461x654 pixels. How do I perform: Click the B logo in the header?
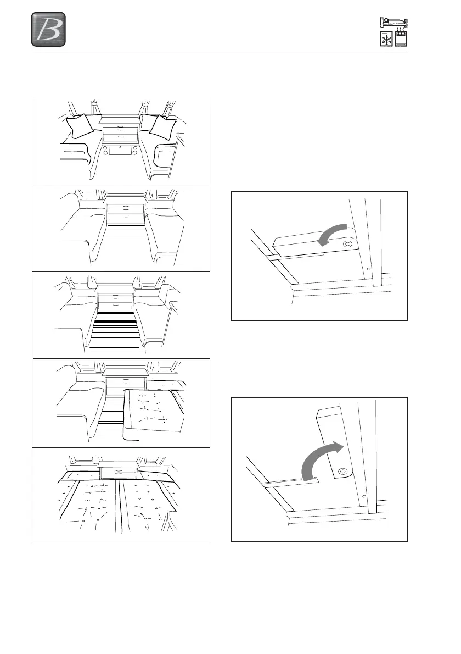[48, 30]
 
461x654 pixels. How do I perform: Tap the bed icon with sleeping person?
[393, 23]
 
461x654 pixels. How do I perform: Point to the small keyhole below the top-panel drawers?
[120, 148]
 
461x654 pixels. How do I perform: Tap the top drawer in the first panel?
[120, 129]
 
